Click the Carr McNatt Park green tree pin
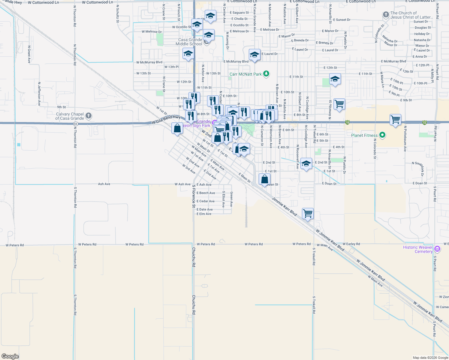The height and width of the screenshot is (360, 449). point(266,73)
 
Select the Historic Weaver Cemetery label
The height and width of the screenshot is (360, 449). point(418,249)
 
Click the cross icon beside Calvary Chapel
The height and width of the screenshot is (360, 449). point(88,115)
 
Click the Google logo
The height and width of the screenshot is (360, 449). point(10,356)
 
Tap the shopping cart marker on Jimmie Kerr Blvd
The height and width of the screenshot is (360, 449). point(308,214)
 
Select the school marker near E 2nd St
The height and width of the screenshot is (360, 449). point(306,164)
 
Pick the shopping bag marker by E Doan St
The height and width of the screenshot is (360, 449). point(264,179)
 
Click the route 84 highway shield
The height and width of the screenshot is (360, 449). point(76,124)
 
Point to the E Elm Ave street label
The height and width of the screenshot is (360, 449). point(204,214)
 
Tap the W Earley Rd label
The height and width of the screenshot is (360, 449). point(351,244)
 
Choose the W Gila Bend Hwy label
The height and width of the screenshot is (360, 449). point(166,120)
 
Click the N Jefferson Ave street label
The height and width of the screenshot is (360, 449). point(39,94)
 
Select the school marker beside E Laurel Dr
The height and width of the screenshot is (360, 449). point(255,55)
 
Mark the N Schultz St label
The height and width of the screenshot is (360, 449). point(118,14)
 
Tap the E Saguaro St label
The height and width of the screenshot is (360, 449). point(239,13)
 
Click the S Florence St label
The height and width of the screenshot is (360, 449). point(194,196)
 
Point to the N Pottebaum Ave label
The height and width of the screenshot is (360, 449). point(405,138)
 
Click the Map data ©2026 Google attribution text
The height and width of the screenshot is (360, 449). point(430,358)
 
